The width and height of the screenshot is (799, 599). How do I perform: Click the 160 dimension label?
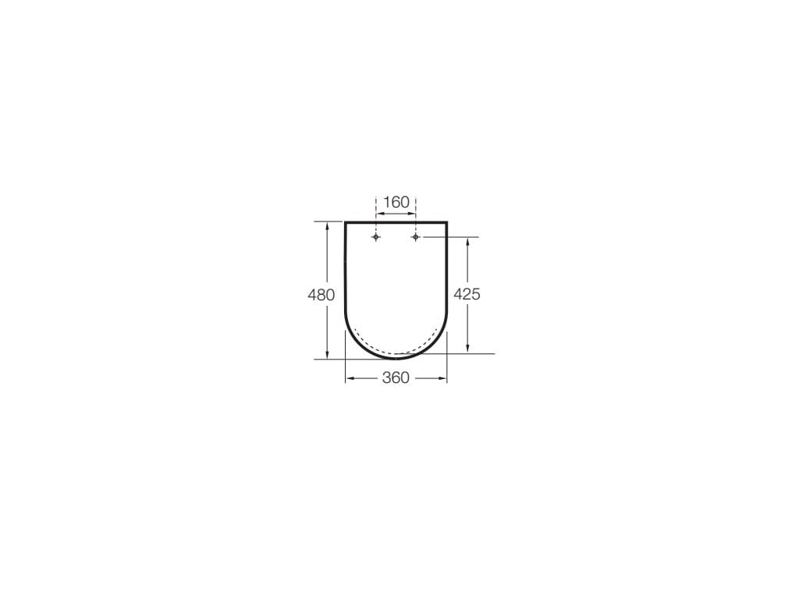(x=396, y=203)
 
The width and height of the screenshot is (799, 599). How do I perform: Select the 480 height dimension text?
(x=321, y=295)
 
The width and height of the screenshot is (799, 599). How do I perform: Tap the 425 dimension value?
(x=467, y=295)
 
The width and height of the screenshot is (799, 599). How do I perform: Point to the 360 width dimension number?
(x=396, y=378)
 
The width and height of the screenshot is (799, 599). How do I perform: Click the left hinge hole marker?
(x=376, y=236)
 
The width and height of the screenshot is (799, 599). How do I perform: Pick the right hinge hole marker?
(x=416, y=236)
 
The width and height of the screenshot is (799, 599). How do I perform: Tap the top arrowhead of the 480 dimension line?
(x=326, y=225)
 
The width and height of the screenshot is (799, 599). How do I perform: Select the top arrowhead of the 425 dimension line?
(x=467, y=239)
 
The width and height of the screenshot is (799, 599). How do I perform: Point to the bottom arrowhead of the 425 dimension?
(x=467, y=350)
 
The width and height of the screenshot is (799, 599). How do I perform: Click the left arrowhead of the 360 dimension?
(x=349, y=378)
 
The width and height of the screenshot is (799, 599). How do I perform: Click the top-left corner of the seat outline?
(x=346, y=223)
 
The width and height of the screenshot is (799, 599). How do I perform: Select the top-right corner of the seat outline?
(x=446, y=223)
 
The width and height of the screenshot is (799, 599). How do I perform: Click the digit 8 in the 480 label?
(x=321, y=295)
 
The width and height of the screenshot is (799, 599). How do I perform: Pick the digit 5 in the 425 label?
(x=475, y=295)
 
